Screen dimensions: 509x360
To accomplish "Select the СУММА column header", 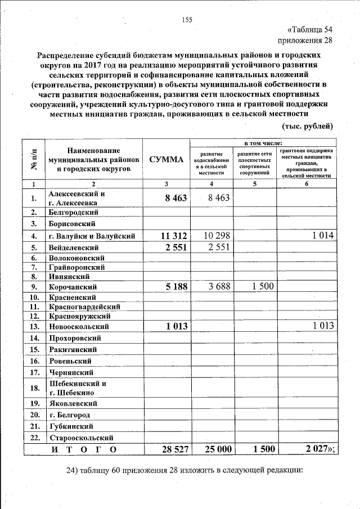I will click(166, 160).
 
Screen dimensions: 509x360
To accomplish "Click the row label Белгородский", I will click(74, 212).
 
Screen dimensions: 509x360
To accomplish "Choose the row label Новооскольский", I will click(78, 327).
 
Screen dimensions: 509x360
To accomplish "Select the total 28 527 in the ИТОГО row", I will click(169, 449).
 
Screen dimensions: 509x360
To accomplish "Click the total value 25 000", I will click(212, 449).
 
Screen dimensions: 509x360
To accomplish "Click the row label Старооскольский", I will click(82, 437).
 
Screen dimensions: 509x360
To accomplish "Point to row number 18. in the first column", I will click(34, 388).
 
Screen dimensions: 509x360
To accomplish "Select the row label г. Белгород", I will click(69, 415).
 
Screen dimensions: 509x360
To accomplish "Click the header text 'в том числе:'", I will click(262, 144).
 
